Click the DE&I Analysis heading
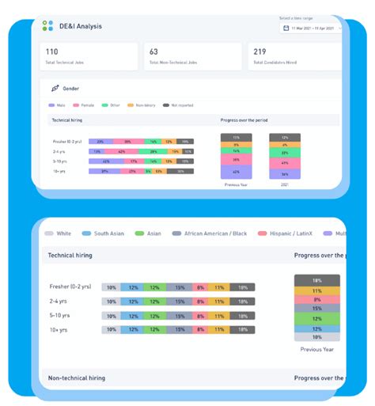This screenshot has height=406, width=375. [x=80, y=26]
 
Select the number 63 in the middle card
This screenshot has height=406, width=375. [x=153, y=52]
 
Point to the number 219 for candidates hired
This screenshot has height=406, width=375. [x=259, y=52]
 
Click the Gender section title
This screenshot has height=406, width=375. [x=71, y=89]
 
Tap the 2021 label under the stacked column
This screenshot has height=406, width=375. [x=284, y=184]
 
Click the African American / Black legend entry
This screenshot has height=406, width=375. [x=214, y=233]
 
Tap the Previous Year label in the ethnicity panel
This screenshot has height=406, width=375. [x=316, y=348]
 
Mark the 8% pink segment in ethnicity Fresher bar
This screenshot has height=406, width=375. [x=200, y=286]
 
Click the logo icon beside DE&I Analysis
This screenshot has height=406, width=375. [x=48, y=26]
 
